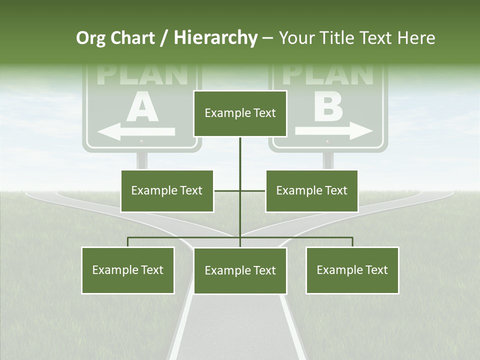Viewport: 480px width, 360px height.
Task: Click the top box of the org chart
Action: (240, 113)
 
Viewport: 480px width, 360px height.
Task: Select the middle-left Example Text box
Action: (167, 191)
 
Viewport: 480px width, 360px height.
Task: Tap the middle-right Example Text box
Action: (311, 191)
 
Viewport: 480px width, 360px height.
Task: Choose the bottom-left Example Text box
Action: (128, 270)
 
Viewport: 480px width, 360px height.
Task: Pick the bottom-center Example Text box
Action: (240, 271)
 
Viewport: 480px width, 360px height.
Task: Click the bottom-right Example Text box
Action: (352, 270)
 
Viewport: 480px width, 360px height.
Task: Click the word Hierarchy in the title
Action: (215, 38)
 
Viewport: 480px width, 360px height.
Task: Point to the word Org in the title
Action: (90, 38)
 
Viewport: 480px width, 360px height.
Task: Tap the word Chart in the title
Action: (132, 38)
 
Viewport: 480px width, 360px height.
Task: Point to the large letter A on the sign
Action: (142, 109)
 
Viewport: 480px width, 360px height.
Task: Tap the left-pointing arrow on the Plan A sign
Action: (136, 132)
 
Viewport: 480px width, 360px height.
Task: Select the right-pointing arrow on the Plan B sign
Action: (334, 131)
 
